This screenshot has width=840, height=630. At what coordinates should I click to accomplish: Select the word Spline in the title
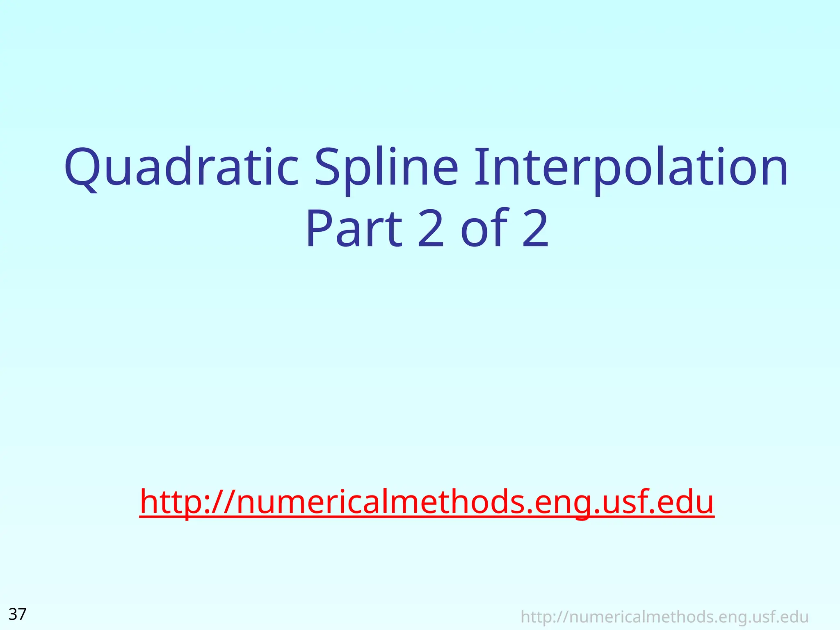[386, 168]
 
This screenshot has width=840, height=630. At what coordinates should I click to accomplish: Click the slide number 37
[18, 614]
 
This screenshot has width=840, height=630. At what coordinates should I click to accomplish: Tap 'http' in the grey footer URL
[535, 617]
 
